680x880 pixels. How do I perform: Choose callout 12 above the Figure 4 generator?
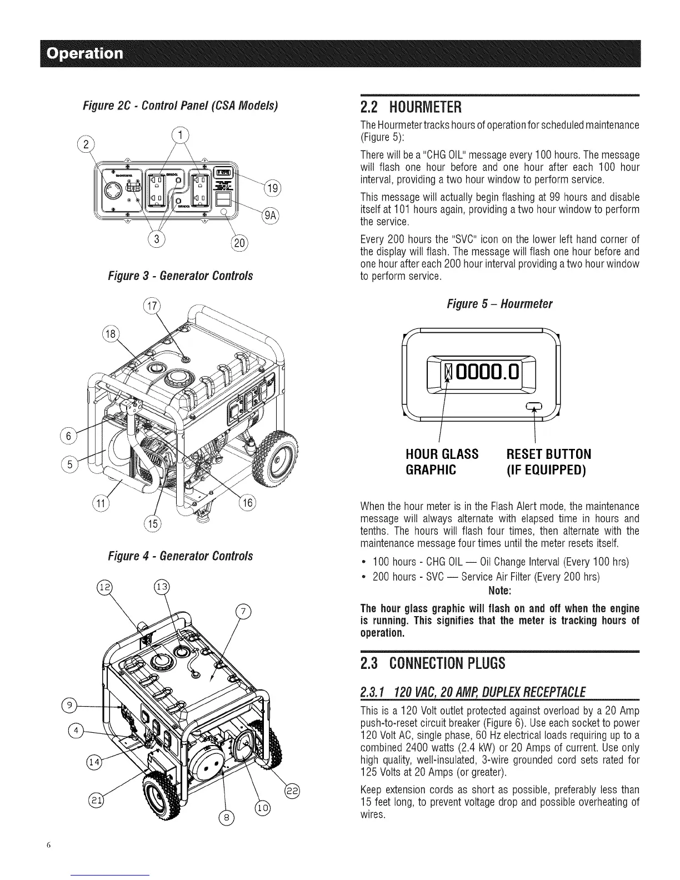pyautogui.click(x=104, y=587)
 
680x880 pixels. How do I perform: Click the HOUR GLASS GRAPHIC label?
pyautogui.click(x=442, y=462)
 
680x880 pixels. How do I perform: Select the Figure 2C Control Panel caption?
pyautogui.click(x=181, y=106)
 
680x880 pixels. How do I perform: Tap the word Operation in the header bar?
pyautogui.click(x=85, y=53)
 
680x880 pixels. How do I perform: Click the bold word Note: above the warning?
pyautogui.click(x=500, y=589)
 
